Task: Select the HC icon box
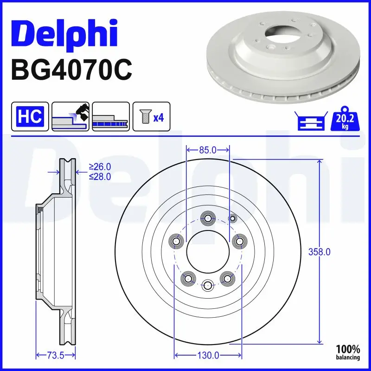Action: click(x=30, y=116)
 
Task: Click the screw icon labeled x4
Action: click(x=151, y=116)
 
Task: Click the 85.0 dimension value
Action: click(x=208, y=150)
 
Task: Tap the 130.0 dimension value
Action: click(x=208, y=356)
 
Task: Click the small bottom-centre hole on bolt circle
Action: click(x=207, y=285)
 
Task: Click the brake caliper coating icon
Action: click(x=70, y=116)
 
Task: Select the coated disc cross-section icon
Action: click(x=110, y=116)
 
